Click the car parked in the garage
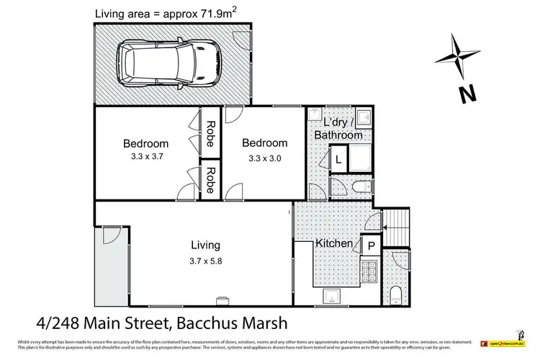coord(166,63)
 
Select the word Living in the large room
coord(205,245)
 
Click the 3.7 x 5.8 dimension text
coord(205,261)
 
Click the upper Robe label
coord(210,133)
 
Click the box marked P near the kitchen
coord(371,246)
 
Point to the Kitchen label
coord(335,244)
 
